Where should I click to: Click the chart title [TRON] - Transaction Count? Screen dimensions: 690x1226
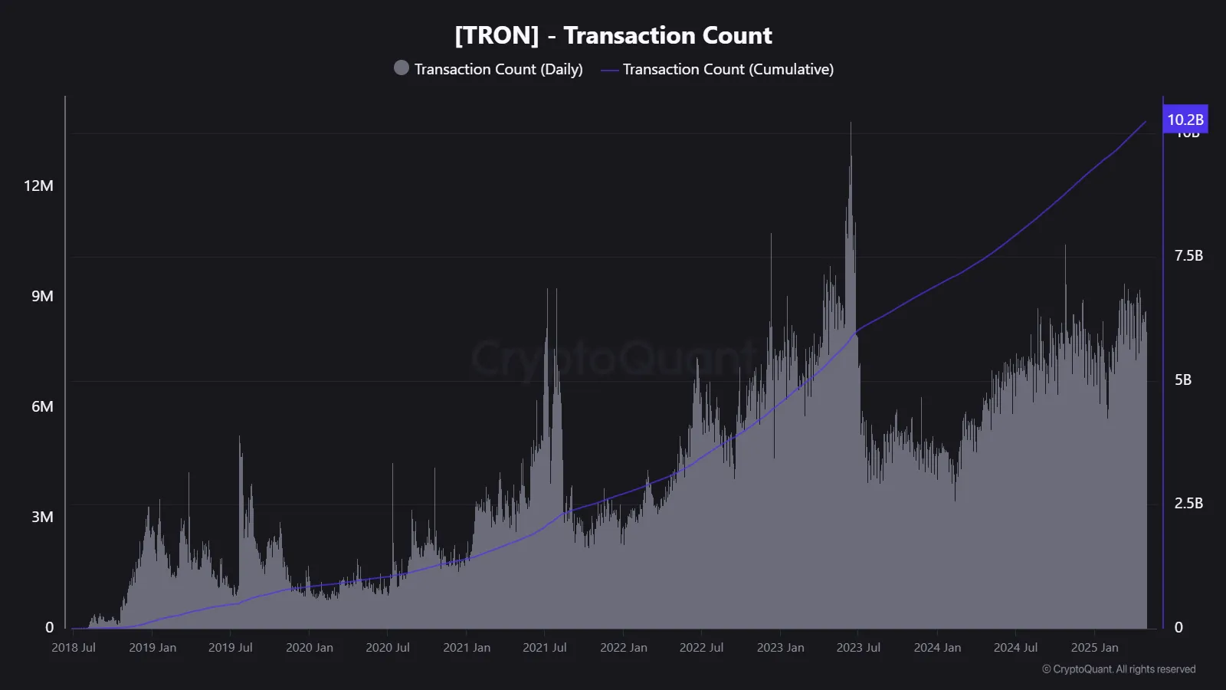tap(613, 35)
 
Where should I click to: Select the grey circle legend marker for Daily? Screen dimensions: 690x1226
tap(401, 67)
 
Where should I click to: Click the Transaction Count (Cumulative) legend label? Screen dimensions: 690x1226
tap(727, 69)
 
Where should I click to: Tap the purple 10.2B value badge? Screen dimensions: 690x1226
tap(1185, 120)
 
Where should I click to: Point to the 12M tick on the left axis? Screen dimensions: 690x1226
tap(38, 186)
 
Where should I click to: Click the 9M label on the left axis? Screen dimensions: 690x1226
tap(42, 296)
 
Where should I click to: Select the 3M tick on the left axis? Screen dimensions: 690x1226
tap(42, 517)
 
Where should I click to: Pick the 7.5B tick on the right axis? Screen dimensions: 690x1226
tap(1188, 255)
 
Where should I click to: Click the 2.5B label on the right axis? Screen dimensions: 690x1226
tap(1188, 503)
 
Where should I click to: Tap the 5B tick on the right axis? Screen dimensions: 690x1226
tap(1182, 379)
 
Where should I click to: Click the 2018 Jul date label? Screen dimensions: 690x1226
tap(74, 647)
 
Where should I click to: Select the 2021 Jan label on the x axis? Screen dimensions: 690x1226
tap(467, 647)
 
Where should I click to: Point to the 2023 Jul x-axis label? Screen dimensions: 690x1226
tap(858, 647)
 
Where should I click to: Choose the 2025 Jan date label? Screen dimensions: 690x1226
tap(1094, 647)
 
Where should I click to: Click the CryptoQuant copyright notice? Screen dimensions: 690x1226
tap(1118, 669)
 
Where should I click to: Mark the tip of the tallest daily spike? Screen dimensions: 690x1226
tap(851, 123)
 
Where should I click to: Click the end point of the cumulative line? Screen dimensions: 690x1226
tap(1146, 121)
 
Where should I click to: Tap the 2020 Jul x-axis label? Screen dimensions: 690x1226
tap(388, 647)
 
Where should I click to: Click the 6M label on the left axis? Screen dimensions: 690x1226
tap(42, 406)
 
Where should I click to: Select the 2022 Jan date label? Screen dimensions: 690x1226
tap(623, 647)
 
